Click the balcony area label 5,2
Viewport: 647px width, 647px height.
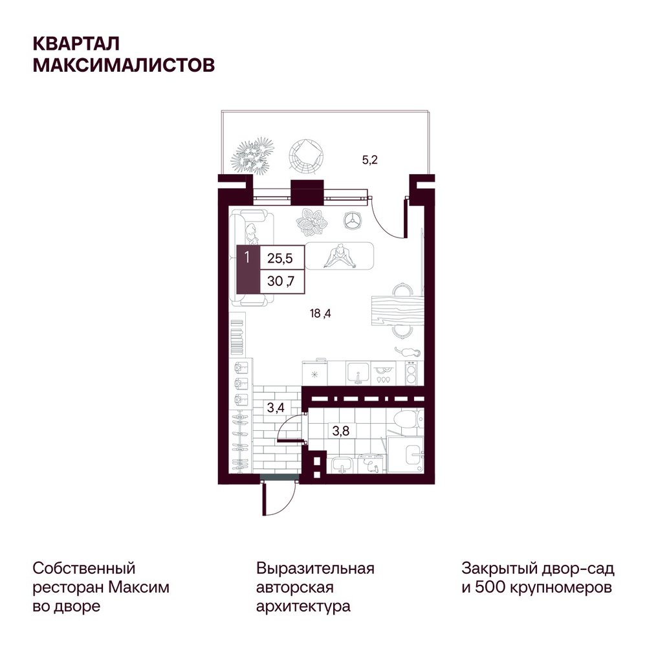369,160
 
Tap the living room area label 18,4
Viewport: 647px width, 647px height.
320,314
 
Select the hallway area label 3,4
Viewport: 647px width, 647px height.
276,408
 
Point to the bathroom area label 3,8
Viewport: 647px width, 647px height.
341,431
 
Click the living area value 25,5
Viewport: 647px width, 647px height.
280,258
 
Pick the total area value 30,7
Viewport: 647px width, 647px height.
281,281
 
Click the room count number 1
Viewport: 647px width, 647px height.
247,258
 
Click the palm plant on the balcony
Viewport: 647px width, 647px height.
252,156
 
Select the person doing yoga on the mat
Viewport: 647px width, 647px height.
339,257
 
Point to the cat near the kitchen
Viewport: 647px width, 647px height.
407,352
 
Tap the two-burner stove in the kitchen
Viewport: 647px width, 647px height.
411,373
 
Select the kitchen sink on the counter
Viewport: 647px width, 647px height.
358,373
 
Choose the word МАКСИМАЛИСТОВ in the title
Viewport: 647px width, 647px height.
124,65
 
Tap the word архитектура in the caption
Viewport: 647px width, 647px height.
303,606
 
